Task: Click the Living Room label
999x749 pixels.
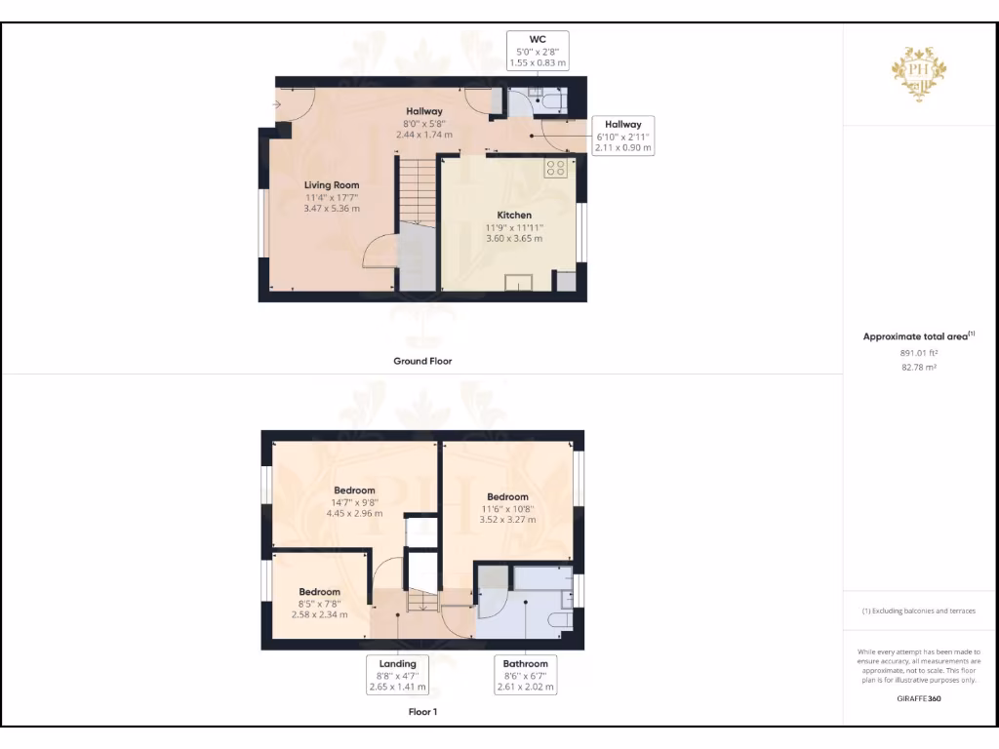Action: [x=332, y=184]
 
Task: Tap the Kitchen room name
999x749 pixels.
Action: [x=514, y=215]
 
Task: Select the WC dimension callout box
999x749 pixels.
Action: [x=537, y=51]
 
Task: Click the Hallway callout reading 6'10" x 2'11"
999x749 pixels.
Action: [x=622, y=137]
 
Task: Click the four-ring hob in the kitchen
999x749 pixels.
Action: [x=555, y=167]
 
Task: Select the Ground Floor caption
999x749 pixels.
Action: [x=422, y=361]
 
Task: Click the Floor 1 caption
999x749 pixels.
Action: [x=422, y=712]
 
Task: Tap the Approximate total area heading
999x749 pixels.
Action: [x=918, y=336]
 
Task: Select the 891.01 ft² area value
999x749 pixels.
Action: [x=918, y=353]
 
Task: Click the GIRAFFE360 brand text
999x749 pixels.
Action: [x=918, y=698]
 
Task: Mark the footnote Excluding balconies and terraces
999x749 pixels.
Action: [x=918, y=611]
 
